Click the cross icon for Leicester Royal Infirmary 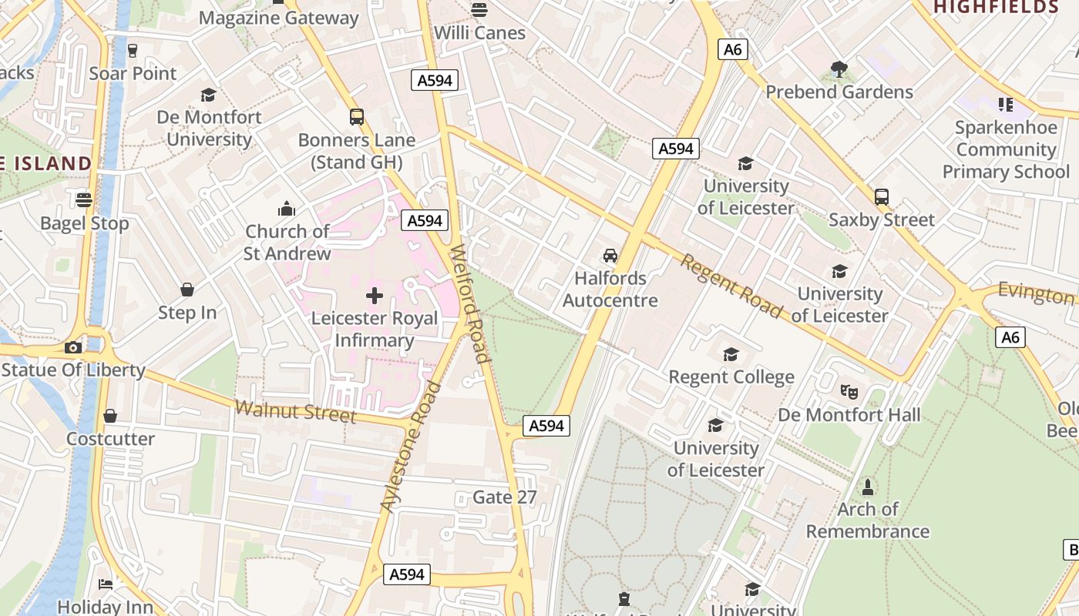coord(375,296)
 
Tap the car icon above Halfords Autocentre coord(610,256)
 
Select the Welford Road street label coord(470,303)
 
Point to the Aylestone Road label coord(411,447)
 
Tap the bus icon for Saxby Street coord(882,197)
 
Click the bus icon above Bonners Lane coord(356,117)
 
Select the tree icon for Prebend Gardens coord(839,70)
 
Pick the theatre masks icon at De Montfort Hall coord(849,391)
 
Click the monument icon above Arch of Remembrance coord(868,487)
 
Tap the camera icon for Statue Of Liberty coord(73,347)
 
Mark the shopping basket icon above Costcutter coord(110,417)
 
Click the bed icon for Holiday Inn coord(106,584)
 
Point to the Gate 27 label coord(505,497)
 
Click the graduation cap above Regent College coord(731,354)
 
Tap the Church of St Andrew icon coord(287,209)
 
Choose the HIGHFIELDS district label coord(996,8)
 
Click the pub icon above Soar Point coord(133,51)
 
